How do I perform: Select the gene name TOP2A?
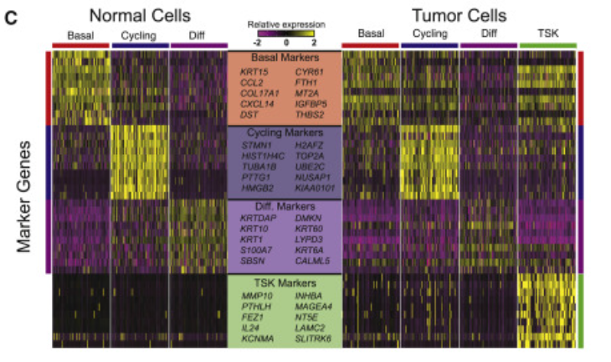click(308, 156)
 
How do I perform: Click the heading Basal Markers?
click(285, 58)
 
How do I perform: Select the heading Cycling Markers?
click(285, 132)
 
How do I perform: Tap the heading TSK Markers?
click(285, 282)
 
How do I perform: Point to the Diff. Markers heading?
click(285, 204)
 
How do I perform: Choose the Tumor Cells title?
click(459, 15)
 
